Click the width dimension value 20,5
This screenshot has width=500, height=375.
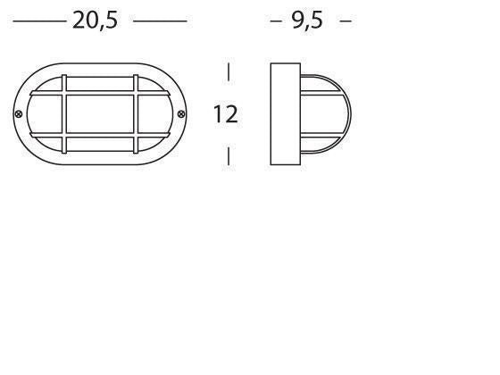tap(95, 21)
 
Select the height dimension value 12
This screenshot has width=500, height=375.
tap(226, 114)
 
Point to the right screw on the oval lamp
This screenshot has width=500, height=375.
tap(182, 113)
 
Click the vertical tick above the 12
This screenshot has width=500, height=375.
tap(229, 72)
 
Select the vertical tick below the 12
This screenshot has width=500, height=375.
tap(229, 155)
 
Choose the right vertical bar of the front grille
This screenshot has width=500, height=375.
tap(137, 113)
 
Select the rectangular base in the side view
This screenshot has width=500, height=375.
tap(285, 113)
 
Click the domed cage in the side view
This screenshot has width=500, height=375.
tap(326, 113)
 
